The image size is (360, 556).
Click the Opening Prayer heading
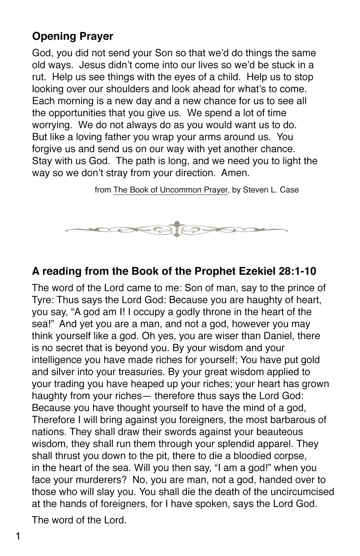point(73,36)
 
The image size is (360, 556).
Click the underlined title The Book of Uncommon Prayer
point(170,190)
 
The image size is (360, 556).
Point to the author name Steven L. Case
point(271,190)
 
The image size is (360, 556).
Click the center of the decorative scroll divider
point(177,229)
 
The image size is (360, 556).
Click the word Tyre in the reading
point(42,300)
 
